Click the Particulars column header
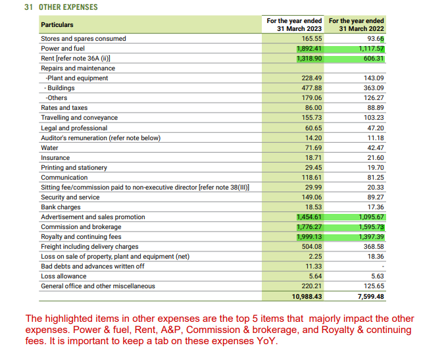coord(57,25)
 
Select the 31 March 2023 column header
coord(294,25)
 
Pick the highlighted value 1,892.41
coord(309,49)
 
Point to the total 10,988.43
coord(306,297)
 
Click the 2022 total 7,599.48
coord(370,297)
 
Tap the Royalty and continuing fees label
coord(81,237)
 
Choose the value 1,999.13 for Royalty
coord(309,237)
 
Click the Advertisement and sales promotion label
coord(93,217)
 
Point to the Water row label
coord(49,147)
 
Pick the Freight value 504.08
coord(311,247)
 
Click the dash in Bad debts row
coord(382,267)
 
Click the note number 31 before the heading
coord(28,7)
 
